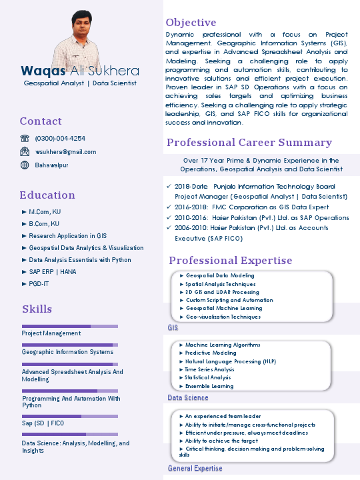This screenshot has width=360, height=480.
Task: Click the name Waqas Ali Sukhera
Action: pos(80,71)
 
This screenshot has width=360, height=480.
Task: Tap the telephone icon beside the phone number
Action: pos(25,139)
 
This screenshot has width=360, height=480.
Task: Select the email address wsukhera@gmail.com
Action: pos(66,152)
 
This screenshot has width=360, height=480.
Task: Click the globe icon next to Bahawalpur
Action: pos(25,165)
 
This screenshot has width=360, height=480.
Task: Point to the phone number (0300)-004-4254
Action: pos(60,139)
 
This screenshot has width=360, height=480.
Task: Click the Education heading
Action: pos(47,195)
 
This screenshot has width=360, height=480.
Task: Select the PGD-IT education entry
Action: pos(39,284)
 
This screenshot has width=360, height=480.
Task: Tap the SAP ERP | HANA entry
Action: pos(52,272)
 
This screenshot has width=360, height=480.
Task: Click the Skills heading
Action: pos(37,309)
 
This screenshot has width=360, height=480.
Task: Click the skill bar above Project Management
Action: pos(70,326)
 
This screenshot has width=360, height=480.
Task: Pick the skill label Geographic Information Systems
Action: pos(67,352)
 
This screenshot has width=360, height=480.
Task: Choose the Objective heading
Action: pos(191,23)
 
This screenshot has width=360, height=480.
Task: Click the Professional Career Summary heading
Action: pos(249,142)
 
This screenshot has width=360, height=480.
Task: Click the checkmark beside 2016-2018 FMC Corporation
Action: pos(169,207)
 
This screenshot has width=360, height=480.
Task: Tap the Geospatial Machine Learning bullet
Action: pos(224,309)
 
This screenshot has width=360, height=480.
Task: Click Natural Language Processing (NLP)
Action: pos(230,361)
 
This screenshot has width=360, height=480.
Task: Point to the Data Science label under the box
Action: pos(187,398)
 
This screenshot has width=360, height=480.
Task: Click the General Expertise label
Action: pos(195,469)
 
